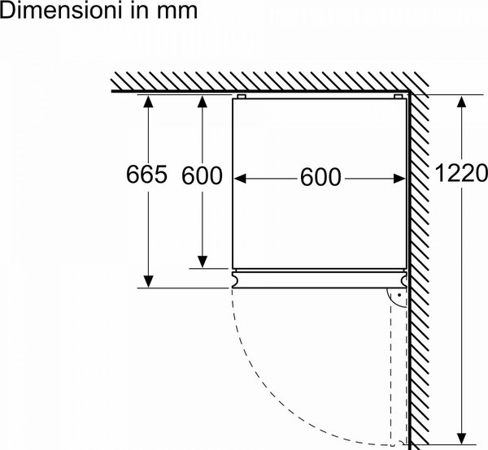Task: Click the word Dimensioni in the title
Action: tap(60, 11)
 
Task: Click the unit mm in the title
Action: tap(177, 12)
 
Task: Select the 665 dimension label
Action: tap(146, 174)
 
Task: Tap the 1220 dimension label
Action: tap(461, 173)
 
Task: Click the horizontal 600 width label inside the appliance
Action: tap(320, 177)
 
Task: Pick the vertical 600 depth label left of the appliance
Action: tap(202, 175)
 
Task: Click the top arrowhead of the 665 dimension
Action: tap(148, 102)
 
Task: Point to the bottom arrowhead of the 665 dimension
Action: tap(149, 281)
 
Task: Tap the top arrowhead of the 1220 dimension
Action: tap(461, 102)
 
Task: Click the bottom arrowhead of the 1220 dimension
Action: tap(463, 438)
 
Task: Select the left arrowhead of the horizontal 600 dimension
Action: tap(240, 179)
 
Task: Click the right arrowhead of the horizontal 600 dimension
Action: tap(400, 179)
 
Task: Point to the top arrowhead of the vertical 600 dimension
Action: tap(203, 102)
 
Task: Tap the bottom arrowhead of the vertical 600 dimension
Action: tap(203, 262)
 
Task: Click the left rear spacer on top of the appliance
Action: tap(242, 97)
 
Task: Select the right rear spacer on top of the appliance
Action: tap(398, 97)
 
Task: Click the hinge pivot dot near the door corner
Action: tap(399, 295)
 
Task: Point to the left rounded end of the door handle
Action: tap(236, 279)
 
